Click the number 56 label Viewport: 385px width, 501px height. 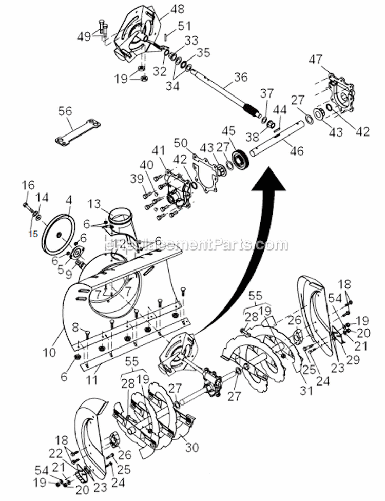pos(65,111)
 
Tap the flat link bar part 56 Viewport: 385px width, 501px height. pos(78,131)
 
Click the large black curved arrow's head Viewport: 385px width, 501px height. pos(271,178)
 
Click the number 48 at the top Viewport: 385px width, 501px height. pos(165,9)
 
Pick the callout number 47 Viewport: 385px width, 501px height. pos(330,60)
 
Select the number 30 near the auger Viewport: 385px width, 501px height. pos(192,447)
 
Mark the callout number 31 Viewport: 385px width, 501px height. pos(306,391)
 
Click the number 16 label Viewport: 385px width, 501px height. pos(28,184)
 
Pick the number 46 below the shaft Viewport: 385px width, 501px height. pos(297,151)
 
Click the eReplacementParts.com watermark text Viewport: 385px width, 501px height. pos(195,245)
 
